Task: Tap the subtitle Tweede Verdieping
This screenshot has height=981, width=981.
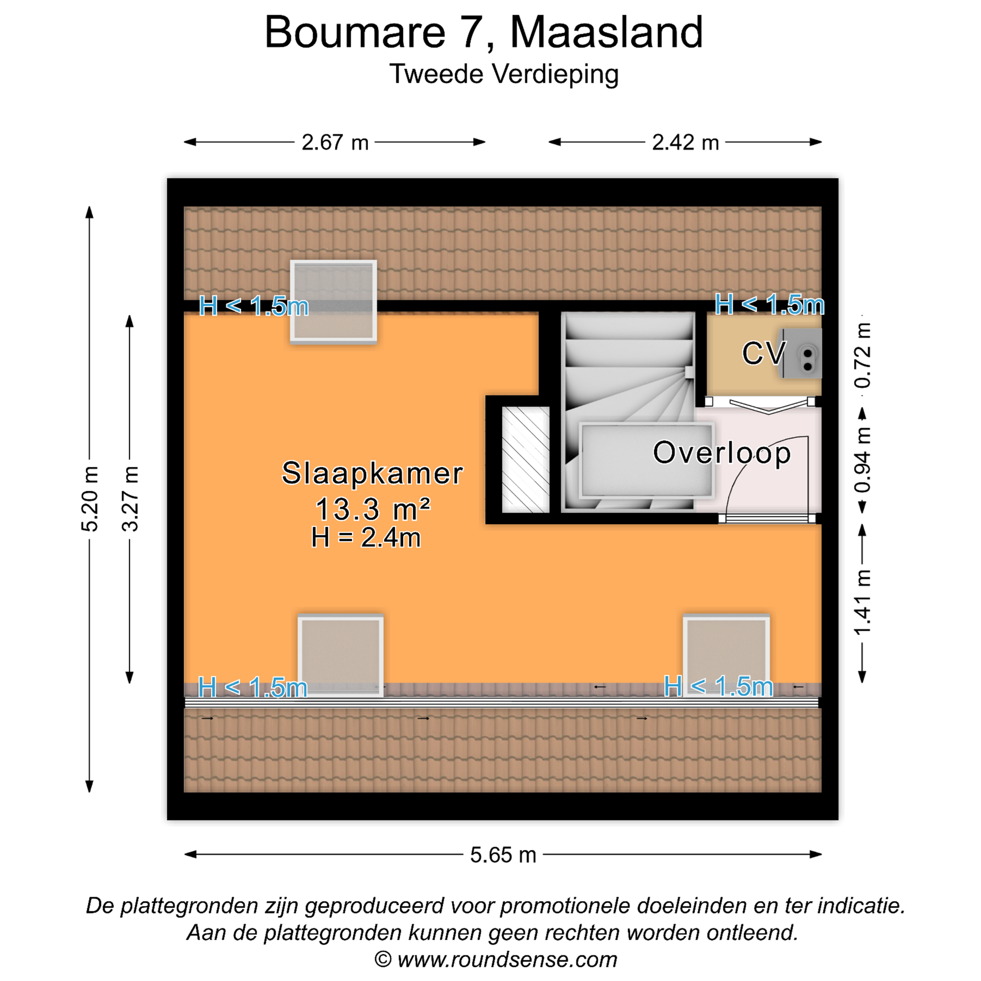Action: tap(504, 75)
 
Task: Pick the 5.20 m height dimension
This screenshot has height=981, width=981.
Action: tap(89, 499)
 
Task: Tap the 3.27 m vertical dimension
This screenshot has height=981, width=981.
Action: tap(129, 499)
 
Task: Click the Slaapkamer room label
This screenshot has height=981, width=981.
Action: tap(372, 473)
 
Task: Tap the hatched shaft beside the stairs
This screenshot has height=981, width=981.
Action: tap(526, 460)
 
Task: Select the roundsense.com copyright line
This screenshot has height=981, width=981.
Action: tap(496, 960)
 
